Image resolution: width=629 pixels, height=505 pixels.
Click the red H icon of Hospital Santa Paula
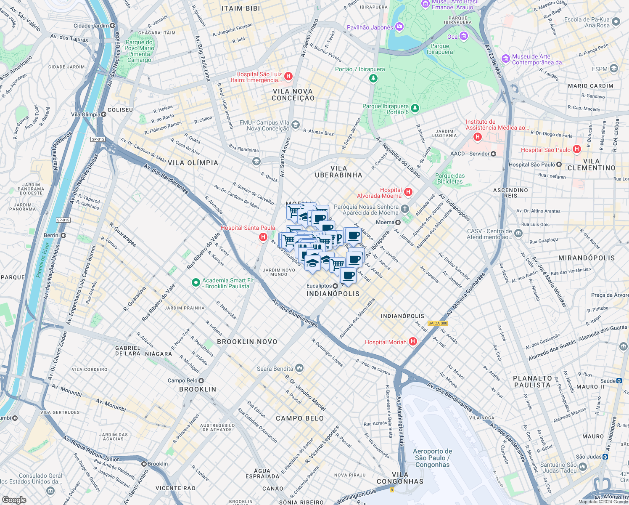[263, 237]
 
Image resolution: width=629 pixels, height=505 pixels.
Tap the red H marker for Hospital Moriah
[413, 342]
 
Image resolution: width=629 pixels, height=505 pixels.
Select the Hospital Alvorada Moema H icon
[408, 192]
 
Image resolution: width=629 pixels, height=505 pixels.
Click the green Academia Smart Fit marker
[196, 283]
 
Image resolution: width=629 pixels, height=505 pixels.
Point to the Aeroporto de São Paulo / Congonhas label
[432, 458]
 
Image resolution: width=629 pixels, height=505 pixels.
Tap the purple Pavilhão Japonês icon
[399, 27]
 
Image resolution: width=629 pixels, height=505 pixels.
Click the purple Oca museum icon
[463, 37]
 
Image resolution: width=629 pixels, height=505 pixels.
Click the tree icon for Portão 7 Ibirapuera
[373, 78]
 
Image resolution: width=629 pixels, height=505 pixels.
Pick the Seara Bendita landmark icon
[299, 368]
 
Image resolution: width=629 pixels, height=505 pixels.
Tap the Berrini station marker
[63, 235]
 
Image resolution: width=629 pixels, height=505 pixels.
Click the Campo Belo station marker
[201, 380]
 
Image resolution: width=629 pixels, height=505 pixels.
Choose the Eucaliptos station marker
[335, 286]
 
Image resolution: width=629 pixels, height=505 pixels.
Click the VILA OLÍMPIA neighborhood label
[193, 163]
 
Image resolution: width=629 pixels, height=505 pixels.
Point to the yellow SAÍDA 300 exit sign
[438, 323]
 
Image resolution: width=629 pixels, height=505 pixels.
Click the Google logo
[14, 500]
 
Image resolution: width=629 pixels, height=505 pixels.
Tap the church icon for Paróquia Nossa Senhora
[404, 209]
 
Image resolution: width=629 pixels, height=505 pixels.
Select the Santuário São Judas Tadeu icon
[583, 467]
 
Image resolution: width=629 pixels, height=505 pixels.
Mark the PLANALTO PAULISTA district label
[532, 382]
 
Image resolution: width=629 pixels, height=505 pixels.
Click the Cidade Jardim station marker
[113, 26]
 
